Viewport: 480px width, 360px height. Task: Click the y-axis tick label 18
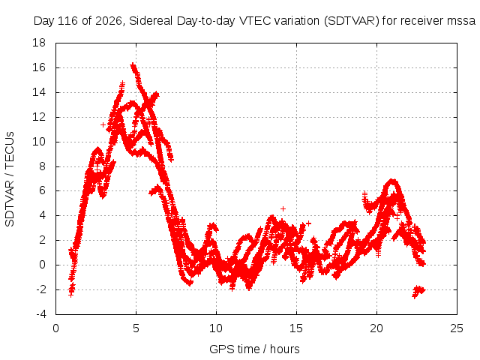click(39, 43)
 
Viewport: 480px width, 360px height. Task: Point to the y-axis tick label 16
click(39, 67)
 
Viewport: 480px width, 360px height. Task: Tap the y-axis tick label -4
click(41, 314)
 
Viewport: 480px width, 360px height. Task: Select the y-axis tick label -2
click(41, 289)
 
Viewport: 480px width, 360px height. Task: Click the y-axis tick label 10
click(39, 142)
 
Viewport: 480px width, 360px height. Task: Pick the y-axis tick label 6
click(42, 190)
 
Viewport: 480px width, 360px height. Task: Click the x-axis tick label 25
click(457, 328)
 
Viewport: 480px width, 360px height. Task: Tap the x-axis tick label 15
click(296, 328)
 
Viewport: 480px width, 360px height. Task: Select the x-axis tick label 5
click(136, 328)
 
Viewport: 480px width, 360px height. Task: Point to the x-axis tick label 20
click(376, 328)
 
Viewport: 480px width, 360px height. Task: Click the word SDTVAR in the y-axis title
click(10, 203)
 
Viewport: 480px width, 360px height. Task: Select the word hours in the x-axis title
click(285, 349)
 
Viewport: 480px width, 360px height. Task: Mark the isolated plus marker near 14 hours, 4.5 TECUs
click(283, 208)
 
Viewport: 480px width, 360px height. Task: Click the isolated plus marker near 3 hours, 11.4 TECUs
click(103, 124)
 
